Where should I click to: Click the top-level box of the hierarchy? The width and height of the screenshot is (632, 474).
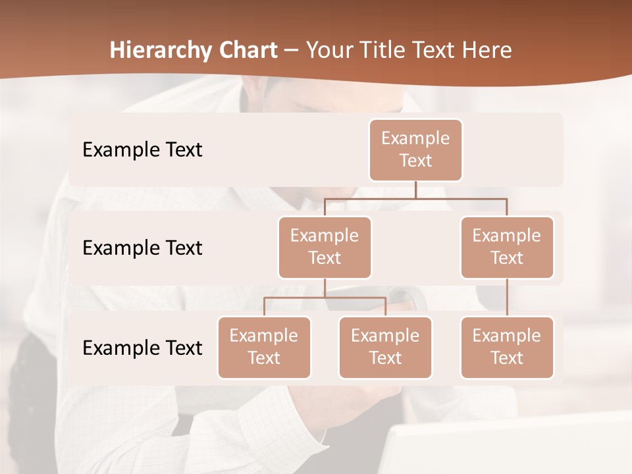pos(415,149)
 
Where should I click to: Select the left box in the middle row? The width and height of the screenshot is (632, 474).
pos(325,247)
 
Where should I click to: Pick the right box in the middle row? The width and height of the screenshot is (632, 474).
pos(507,247)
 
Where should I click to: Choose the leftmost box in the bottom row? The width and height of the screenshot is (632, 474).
pos(264,347)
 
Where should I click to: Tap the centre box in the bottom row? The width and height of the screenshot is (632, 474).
pos(385,347)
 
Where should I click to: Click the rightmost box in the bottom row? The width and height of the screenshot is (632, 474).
pos(507,347)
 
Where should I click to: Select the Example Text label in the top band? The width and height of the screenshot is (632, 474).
pos(142,150)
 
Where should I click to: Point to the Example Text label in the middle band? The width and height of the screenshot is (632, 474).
pos(142,248)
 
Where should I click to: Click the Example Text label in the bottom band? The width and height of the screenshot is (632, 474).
pos(142,348)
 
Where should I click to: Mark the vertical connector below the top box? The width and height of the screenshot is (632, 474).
pos(415,190)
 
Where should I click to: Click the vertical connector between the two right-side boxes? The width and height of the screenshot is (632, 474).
pos(507,298)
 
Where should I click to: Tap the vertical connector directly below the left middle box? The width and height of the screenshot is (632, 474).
pos(325,288)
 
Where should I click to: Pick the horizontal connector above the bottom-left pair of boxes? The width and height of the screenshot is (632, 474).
pos(325,298)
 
